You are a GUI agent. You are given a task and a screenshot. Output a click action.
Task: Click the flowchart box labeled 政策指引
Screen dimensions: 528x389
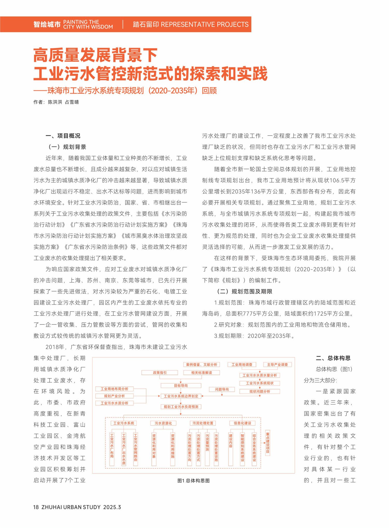(159, 373)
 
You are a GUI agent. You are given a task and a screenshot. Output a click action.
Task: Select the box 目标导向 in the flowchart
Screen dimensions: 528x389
(181, 386)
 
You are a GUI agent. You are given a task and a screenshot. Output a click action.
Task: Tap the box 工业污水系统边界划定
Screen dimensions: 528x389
(181, 396)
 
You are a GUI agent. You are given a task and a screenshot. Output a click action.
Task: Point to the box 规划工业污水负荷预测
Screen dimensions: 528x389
(181, 407)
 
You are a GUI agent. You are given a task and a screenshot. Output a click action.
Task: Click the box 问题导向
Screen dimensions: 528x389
(222, 389)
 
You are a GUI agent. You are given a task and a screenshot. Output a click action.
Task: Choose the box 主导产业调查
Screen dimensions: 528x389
(277, 365)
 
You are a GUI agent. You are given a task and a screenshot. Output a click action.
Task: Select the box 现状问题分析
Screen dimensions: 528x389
(260, 391)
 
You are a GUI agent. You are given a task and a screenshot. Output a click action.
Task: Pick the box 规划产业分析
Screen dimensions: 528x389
(114, 396)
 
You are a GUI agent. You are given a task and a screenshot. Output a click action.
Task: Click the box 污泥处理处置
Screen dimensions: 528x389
(203, 423)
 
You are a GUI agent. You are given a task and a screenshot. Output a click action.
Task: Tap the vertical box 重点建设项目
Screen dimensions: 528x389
(268, 443)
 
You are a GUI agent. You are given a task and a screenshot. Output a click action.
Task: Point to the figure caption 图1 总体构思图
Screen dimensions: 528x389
(193, 481)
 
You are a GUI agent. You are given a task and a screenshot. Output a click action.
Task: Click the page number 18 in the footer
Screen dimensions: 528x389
(36, 507)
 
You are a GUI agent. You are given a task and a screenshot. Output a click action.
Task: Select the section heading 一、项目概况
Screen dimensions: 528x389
(63, 136)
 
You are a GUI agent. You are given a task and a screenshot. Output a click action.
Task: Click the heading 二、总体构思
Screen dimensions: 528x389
(333, 358)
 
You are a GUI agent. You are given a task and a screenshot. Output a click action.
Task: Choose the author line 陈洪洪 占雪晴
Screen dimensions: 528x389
(63, 102)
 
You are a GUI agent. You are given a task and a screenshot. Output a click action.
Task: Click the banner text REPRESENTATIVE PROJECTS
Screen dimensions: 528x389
(205, 24)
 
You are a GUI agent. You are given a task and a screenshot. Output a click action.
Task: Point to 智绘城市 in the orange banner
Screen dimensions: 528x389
(47, 24)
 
